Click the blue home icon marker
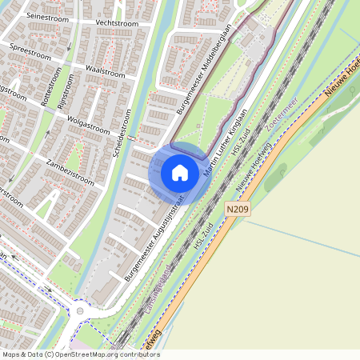coord(180,173)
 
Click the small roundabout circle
coord(79,311)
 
